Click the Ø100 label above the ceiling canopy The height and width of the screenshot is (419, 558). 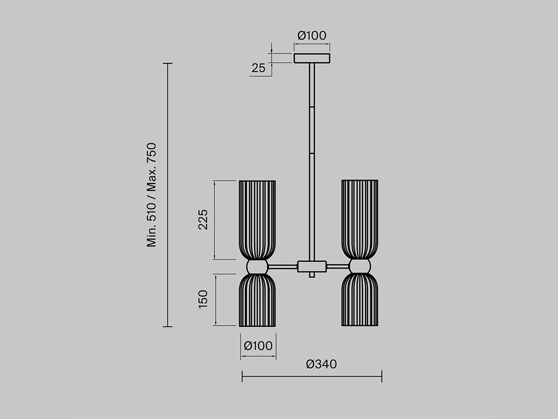pos(312,36)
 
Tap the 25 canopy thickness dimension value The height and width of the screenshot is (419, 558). pos(258,68)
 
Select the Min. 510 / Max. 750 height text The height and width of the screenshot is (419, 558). pos(152,195)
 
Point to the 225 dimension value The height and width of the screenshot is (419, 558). pos(203,220)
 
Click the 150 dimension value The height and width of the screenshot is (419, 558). pos(203,299)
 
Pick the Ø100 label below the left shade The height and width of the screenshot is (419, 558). pos(258,346)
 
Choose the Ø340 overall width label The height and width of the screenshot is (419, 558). pos(321,364)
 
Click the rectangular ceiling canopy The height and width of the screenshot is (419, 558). pos(312,58)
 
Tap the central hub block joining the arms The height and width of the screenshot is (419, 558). pos(312,266)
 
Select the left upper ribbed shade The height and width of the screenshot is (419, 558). pos(257,220)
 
